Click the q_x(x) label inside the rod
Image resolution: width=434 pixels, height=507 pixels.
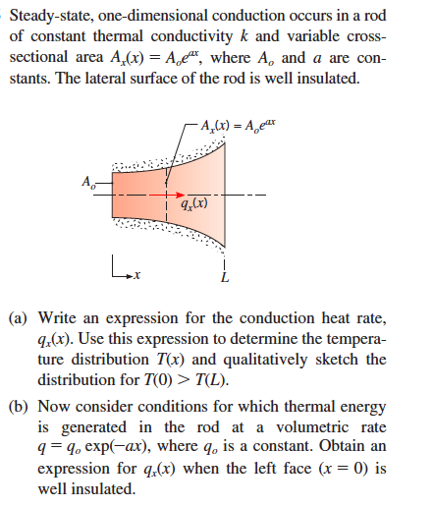[x=194, y=204]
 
